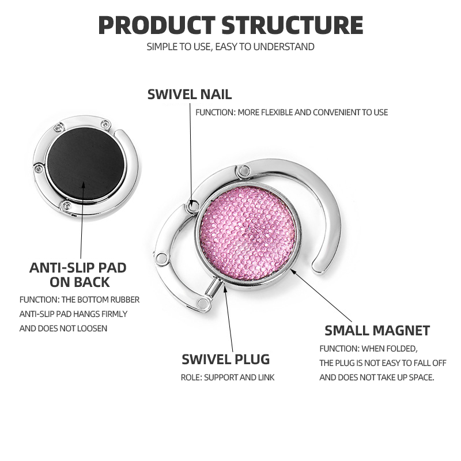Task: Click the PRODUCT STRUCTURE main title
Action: (231, 25)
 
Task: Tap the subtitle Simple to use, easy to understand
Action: (231, 47)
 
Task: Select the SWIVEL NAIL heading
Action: (190, 95)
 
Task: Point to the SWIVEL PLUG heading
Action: (226, 359)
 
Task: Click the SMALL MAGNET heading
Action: (377, 330)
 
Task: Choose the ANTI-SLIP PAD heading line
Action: (78, 267)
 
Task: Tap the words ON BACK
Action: (80, 282)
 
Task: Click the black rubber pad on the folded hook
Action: (86, 164)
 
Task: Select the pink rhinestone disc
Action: (248, 233)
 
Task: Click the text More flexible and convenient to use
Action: (313, 112)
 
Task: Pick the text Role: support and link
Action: (228, 377)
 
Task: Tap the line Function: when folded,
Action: (369, 349)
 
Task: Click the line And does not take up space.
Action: (377, 377)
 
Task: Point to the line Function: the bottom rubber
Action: (80, 300)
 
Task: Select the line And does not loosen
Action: (63, 328)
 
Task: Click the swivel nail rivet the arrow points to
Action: (192, 205)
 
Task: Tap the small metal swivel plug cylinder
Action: (214, 288)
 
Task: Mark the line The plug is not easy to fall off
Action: (383, 363)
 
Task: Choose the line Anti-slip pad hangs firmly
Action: (74, 314)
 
